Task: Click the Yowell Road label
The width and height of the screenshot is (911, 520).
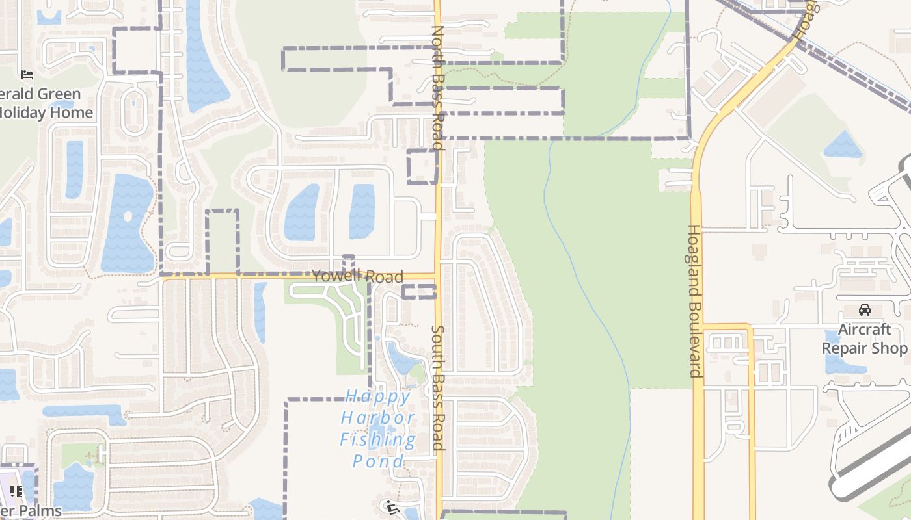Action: [x=357, y=276]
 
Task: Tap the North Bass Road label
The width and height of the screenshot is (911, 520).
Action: [x=437, y=87]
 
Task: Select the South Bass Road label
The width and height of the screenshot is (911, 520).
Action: [x=437, y=387]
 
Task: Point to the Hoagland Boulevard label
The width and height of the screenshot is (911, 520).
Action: [x=695, y=300]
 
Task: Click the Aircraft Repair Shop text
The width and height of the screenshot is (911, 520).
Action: [x=864, y=339]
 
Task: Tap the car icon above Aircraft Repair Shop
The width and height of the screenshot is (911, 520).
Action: [x=865, y=310]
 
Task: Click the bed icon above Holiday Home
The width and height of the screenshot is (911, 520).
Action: [x=27, y=75]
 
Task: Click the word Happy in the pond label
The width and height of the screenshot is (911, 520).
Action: [x=378, y=396]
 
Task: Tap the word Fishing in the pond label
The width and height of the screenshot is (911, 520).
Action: [x=378, y=440]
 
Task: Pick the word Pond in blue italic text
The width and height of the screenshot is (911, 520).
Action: [x=378, y=461]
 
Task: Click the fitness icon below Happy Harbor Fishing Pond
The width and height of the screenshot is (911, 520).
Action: [x=391, y=506]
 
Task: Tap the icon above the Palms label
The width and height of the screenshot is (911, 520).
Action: [x=16, y=491]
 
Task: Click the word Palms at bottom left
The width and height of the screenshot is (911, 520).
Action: [x=40, y=511]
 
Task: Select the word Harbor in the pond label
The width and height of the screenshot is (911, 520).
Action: [x=378, y=418]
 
